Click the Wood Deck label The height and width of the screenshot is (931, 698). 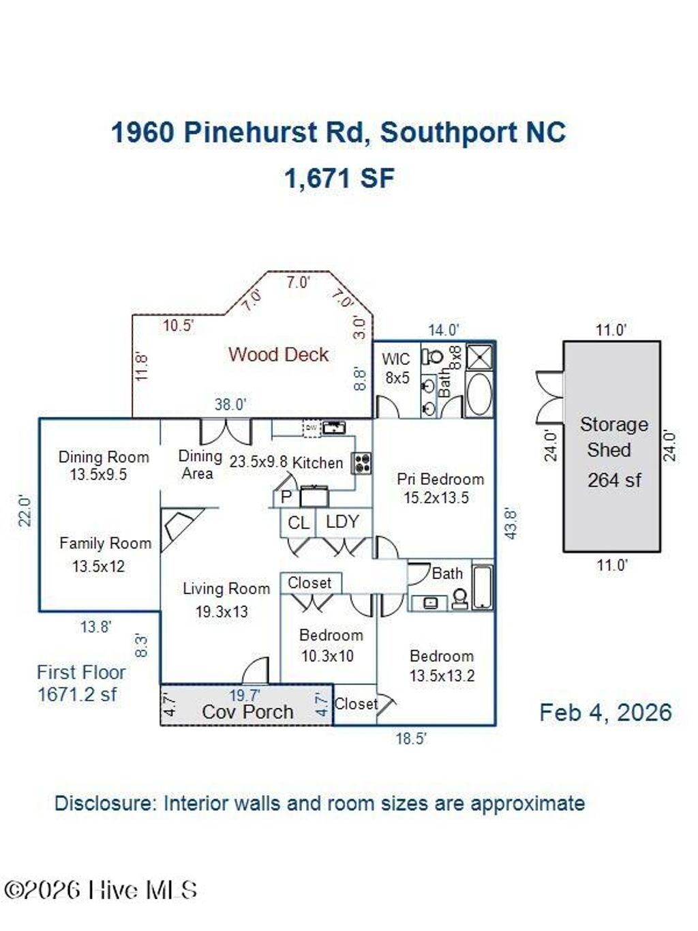tap(278, 355)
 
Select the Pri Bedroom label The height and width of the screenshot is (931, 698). tap(440, 479)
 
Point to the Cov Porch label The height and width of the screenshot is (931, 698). tap(247, 712)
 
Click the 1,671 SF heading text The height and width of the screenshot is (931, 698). tap(339, 179)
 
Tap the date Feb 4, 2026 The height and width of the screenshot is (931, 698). tap(605, 713)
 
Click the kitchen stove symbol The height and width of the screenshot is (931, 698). tap(361, 463)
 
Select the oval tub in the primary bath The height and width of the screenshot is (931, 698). tap(479, 394)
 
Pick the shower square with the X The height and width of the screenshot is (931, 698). tap(479, 357)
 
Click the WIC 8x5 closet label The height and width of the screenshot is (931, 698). tap(396, 368)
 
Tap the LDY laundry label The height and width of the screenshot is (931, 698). tap(342, 522)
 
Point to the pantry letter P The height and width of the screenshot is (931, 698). tap(286, 497)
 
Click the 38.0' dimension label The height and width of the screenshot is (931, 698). tap(230, 404)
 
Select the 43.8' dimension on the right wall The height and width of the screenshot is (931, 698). tap(510, 523)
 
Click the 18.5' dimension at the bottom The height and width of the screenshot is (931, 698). tap(411, 739)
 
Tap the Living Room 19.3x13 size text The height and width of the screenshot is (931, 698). tap(222, 612)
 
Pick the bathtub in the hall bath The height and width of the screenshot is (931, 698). tap(482, 587)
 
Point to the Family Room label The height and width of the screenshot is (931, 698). tap(105, 544)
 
